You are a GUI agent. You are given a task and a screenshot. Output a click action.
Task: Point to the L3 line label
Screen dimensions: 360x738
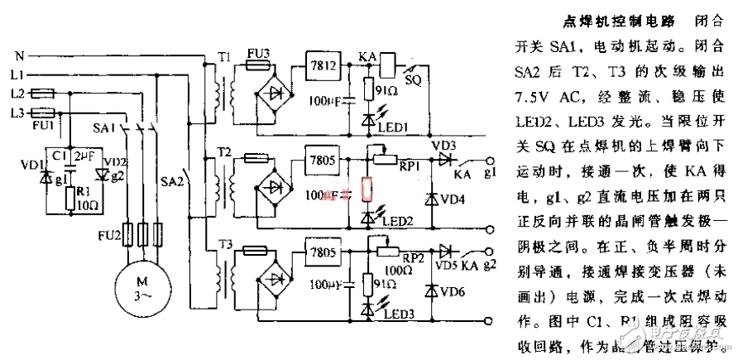[16, 111]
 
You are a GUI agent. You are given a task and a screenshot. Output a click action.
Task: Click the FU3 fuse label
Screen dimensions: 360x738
[260, 52]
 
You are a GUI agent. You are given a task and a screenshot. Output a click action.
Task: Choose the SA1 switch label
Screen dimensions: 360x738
[102, 128]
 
